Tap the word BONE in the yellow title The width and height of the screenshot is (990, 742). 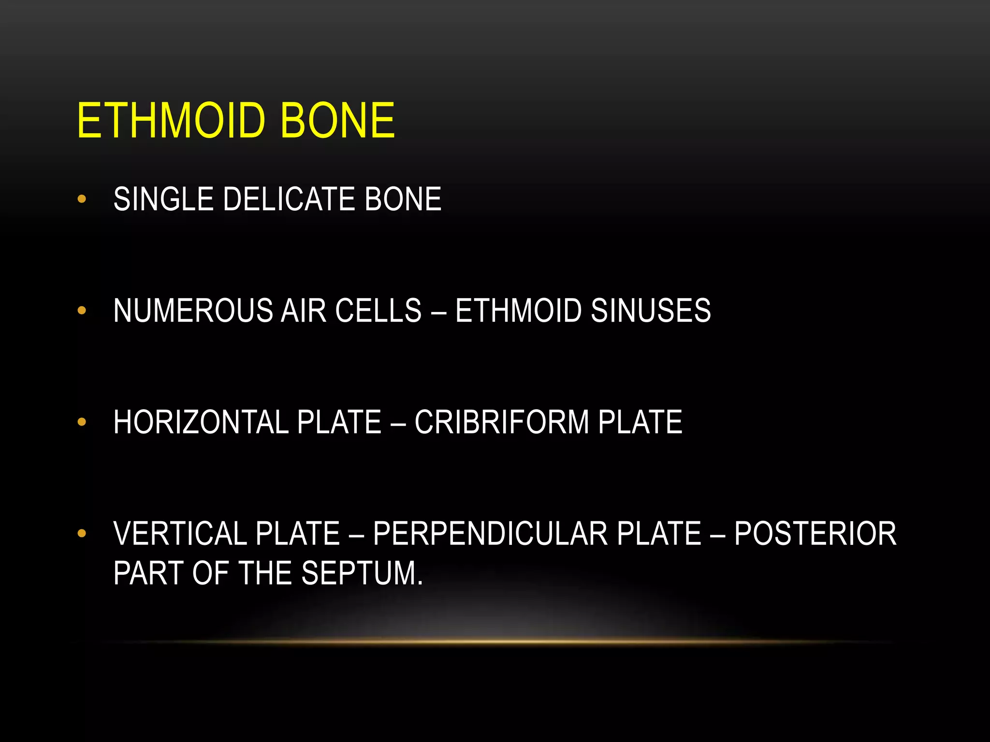click(x=337, y=120)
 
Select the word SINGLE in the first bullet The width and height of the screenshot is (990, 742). click(x=163, y=199)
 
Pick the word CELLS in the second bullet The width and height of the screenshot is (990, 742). click(x=378, y=311)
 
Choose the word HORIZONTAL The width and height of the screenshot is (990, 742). click(x=201, y=422)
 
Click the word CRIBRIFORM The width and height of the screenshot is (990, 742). click(x=502, y=422)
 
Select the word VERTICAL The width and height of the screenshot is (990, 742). click(x=180, y=534)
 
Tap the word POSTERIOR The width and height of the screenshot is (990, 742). click(x=815, y=534)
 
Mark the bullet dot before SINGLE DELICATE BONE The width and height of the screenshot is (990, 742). click(x=82, y=199)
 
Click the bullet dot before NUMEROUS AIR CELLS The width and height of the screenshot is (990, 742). click(x=82, y=310)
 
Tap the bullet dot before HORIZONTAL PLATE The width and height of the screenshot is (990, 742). click(x=82, y=422)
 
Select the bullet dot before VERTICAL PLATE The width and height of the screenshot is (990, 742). click(x=82, y=533)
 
